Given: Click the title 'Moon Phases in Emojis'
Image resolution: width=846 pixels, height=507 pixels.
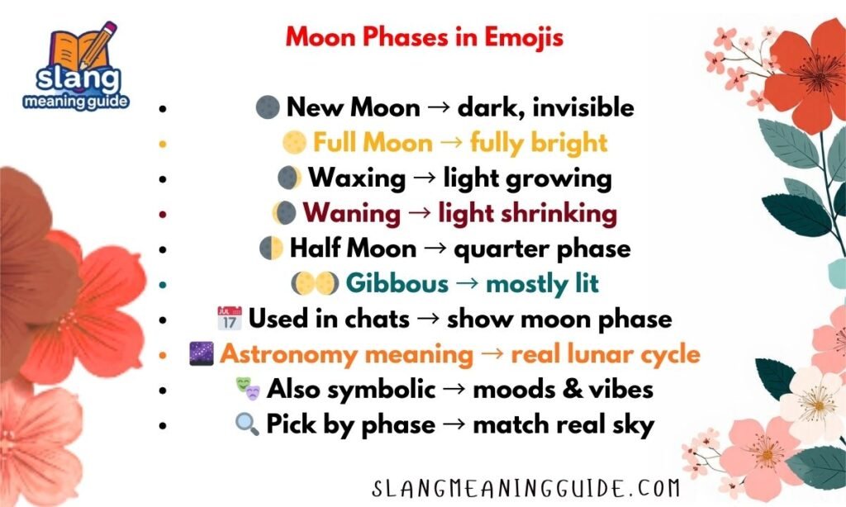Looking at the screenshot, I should pyautogui.click(x=425, y=37).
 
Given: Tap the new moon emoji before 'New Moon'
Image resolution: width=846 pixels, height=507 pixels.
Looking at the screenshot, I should pyautogui.click(x=268, y=107).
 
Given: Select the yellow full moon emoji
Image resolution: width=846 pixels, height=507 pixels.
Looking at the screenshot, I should pyautogui.click(x=295, y=143).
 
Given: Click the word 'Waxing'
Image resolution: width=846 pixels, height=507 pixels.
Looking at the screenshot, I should pyautogui.click(x=357, y=178).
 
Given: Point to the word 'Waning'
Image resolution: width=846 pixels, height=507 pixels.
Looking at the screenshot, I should pyautogui.click(x=351, y=214).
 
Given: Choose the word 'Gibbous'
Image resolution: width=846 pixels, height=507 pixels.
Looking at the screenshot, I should pyautogui.click(x=397, y=284).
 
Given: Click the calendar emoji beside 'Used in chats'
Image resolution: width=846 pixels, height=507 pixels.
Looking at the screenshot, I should pyautogui.click(x=228, y=319).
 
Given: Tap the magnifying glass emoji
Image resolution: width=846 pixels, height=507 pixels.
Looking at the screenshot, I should pyautogui.click(x=246, y=424).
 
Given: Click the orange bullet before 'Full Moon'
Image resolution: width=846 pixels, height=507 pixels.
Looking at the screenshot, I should pyautogui.click(x=164, y=144).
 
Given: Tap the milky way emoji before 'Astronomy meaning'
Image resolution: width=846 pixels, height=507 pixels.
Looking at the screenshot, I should pyautogui.click(x=202, y=355).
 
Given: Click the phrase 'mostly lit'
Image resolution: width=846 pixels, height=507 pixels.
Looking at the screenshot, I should pyautogui.click(x=542, y=284).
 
